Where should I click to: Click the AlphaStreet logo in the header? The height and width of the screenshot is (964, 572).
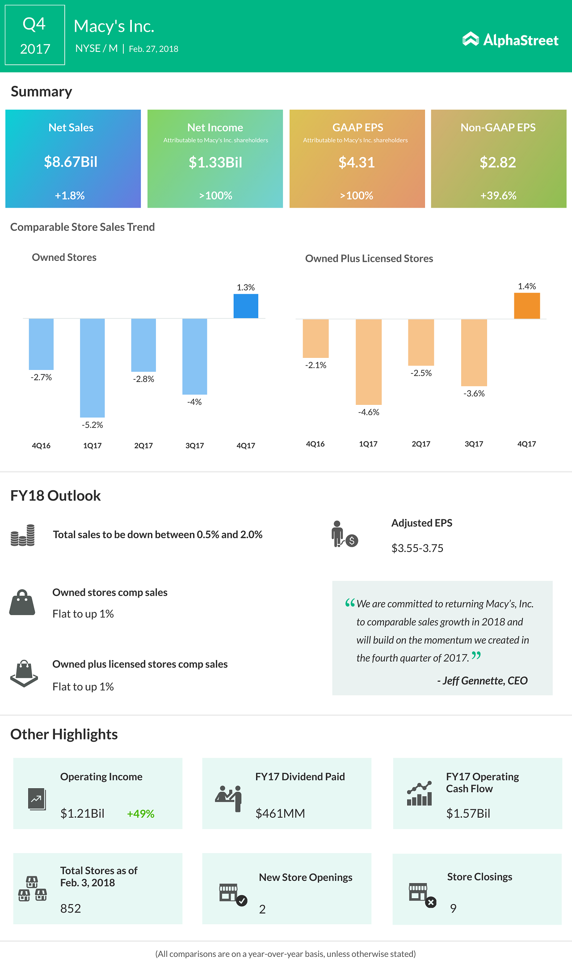(510, 40)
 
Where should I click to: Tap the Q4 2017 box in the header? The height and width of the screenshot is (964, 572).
(35, 35)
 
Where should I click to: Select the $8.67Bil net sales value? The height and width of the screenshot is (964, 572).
(71, 162)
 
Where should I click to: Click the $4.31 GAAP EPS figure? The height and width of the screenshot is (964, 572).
(356, 162)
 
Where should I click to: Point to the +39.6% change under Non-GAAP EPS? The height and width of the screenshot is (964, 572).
(498, 195)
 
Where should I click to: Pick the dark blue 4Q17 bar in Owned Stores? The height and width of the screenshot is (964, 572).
(246, 306)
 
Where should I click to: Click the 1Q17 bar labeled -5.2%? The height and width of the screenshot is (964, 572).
(93, 367)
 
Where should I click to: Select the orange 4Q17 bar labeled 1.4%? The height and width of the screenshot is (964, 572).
(527, 306)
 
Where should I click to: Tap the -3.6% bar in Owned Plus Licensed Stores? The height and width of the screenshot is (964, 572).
(474, 352)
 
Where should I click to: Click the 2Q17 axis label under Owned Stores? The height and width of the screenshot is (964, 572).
(143, 446)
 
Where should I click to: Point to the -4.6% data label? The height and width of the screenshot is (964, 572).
(369, 412)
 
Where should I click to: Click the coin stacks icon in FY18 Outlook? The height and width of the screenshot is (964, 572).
(23, 535)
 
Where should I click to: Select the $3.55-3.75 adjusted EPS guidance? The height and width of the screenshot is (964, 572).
(417, 548)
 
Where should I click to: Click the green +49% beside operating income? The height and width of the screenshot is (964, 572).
(141, 814)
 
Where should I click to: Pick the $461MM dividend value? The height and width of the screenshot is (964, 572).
(280, 813)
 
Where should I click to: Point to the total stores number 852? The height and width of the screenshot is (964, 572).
(71, 909)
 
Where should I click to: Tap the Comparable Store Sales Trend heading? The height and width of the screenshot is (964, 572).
(83, 227)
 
